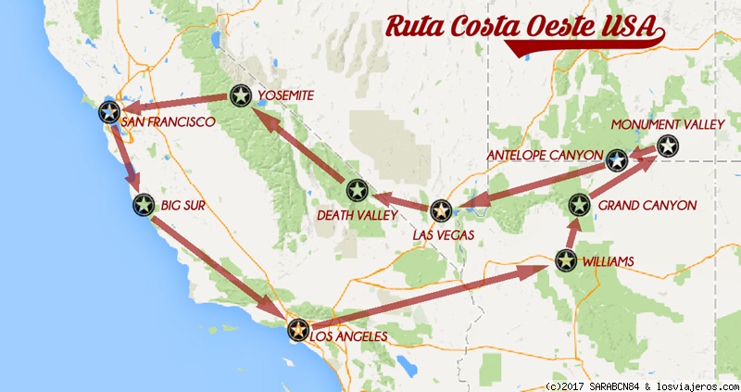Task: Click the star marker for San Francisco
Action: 109,113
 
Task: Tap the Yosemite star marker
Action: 241,95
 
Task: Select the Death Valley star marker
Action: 357,191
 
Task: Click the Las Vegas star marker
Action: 441,211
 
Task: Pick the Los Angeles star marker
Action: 297,329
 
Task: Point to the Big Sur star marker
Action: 143,205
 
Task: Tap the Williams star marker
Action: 565,261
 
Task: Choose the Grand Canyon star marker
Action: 579,205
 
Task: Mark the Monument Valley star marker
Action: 668,145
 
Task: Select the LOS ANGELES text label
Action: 348,336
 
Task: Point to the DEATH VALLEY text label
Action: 356,215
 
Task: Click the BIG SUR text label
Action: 183,205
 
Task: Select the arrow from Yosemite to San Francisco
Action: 176,104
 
